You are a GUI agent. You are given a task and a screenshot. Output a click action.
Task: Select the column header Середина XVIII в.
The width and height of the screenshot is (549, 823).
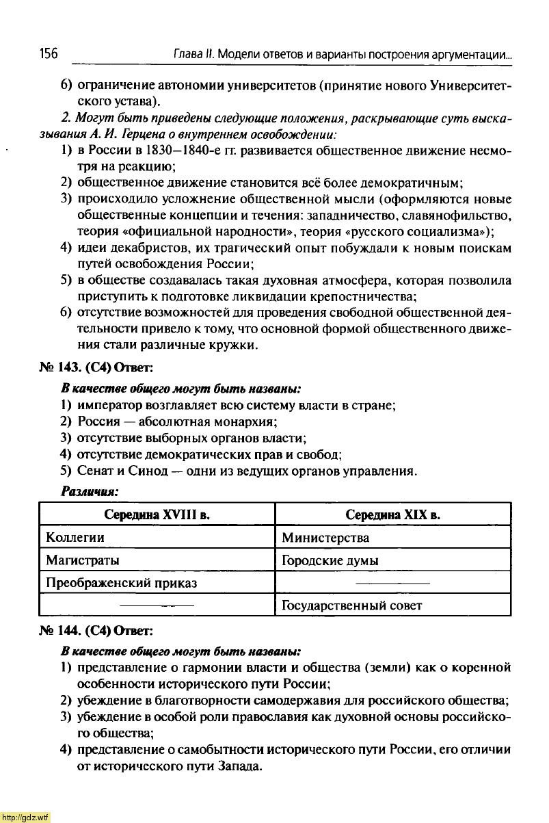click(x=157, y=514)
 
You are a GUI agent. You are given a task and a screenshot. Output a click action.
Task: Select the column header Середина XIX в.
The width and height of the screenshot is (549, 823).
click(x=392, y=514)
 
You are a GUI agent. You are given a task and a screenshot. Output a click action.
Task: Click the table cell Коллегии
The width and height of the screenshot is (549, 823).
click(x=75, y=537)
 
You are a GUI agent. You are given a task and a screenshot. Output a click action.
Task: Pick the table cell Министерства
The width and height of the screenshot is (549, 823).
click(x=325, y=537)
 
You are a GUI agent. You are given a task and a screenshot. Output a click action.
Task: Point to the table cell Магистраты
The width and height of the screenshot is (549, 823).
click(x=82, y=560)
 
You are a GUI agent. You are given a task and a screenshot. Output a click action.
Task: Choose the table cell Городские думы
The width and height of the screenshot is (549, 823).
click(x=330, y=560)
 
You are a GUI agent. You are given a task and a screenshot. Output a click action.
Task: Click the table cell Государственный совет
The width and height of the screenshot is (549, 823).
click(x=352, y=605)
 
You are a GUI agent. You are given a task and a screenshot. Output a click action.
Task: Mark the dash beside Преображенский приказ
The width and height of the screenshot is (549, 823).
click(x=392, y=582)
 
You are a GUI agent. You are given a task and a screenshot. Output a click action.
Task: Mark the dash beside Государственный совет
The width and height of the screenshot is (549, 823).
click(x=157, y=605)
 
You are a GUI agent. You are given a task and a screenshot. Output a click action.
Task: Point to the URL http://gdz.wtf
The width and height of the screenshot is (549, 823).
click(x=25, y=817)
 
